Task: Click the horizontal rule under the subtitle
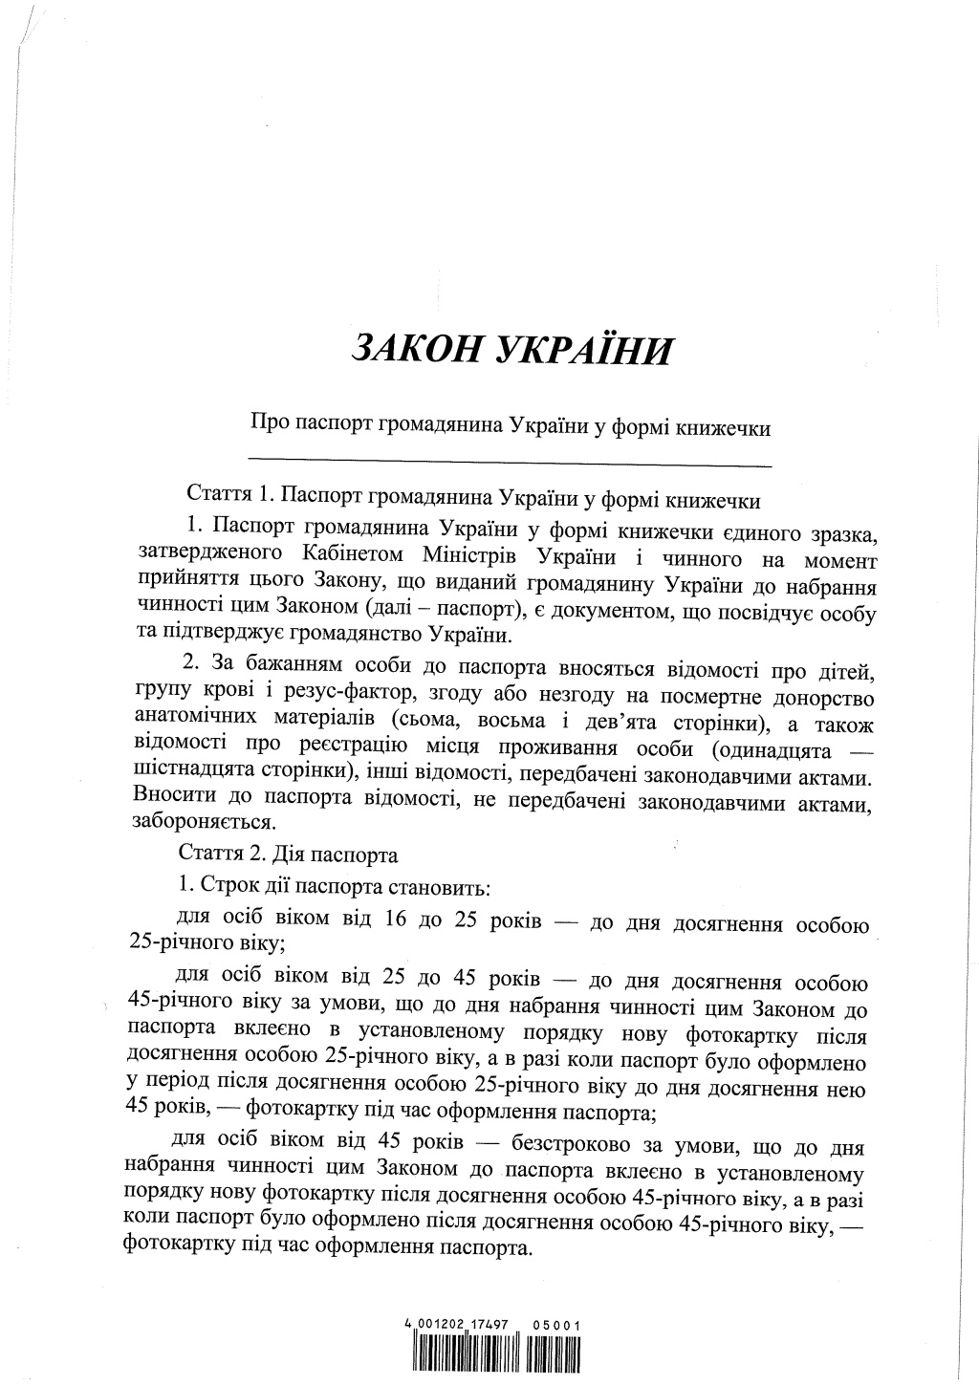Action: [x=510, y=465]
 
